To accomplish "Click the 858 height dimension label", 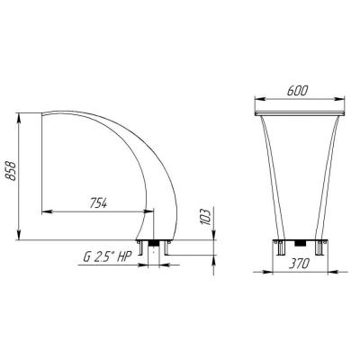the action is point(11,171).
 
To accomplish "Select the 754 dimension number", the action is point(98,203).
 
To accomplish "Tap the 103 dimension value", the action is point(205,216).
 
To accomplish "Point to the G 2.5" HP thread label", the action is point(107,257).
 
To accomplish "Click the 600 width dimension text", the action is point(297,91).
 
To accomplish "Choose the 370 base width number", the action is point(299,264).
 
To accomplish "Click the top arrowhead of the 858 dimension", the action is point(19,118).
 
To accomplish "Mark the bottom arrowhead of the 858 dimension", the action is point(19,235).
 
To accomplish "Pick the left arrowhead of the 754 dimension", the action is point(47,211).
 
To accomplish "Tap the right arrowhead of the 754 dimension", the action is point(148,211).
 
